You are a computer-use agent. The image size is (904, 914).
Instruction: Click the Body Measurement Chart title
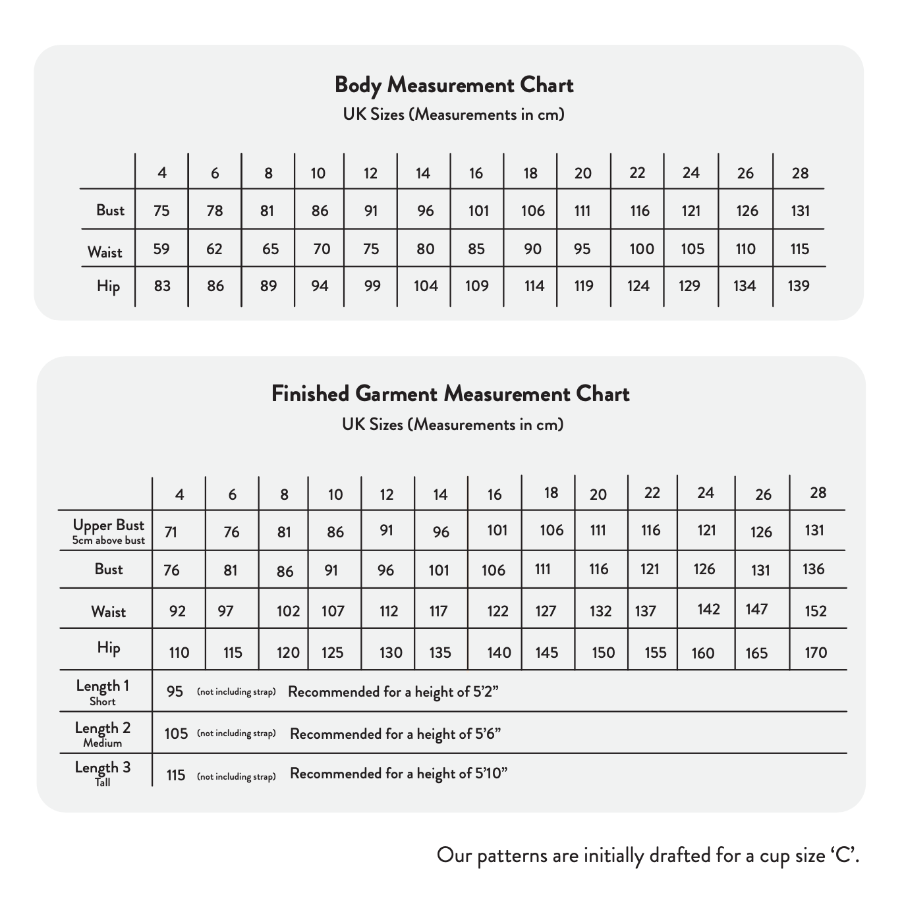453,85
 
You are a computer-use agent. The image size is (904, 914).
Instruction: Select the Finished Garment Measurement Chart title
451,394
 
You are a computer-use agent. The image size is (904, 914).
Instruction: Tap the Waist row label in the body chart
105,252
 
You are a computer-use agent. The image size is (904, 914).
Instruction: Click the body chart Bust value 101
478,211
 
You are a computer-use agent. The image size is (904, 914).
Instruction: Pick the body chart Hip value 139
799,286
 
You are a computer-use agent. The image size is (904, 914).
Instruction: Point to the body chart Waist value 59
161,249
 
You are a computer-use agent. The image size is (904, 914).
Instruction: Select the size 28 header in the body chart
800,173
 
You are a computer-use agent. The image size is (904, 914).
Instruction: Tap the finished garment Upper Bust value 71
171,532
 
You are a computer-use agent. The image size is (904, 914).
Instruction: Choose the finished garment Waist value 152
816,611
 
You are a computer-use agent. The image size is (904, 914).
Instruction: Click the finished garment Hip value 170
816,653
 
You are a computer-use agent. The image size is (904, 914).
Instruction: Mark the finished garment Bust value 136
814,569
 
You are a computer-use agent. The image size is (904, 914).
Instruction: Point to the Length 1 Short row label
103,691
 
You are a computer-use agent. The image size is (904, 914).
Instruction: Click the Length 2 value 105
176,734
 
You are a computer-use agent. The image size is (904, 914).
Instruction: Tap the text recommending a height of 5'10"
399,774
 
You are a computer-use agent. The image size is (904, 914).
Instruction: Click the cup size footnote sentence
648,855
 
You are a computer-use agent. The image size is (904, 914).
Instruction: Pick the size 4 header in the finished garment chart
179,495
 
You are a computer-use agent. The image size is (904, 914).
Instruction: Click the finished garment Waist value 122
497,611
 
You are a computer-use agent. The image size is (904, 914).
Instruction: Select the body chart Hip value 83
162,286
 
